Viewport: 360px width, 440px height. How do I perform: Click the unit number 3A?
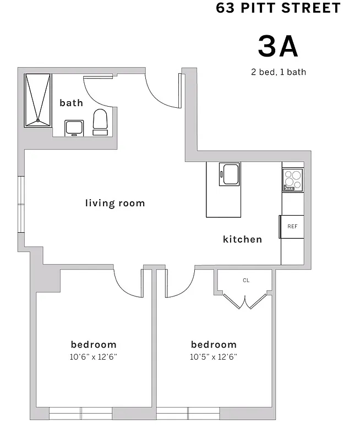[x=278, y=46]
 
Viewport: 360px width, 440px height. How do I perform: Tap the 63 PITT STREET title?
[x=278, y=8]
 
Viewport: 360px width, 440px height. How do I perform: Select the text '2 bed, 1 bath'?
[x=278, y=71]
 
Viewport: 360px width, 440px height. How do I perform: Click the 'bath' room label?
[x=71, y=103]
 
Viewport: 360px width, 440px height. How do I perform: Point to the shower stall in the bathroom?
[x=37, y=100]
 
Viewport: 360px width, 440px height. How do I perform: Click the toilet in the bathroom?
[x=100, y=122]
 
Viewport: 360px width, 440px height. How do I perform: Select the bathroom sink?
[x=74, y=128]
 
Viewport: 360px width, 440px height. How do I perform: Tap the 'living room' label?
[x=115, y=203]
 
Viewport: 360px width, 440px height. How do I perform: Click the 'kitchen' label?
[x=242, y=239]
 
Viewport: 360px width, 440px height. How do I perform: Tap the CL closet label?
[x=246, y=280]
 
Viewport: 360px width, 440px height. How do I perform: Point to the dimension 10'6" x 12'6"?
[x=94, y=356]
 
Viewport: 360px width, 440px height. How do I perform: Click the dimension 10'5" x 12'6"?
[x=214, y=356]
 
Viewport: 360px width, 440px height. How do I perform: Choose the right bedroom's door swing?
[x=177, y=283]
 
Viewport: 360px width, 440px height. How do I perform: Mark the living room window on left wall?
[x=21, y=205]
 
